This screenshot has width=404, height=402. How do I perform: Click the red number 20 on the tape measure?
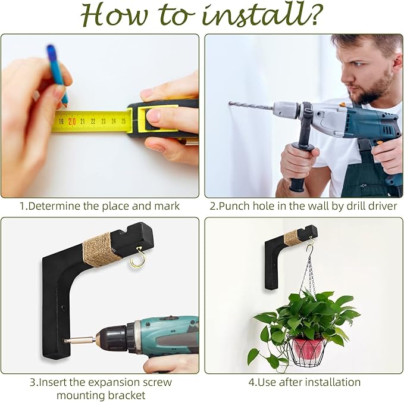(72, 121)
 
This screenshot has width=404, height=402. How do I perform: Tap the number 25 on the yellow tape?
(124, 121)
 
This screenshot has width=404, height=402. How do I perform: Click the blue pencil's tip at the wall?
(66, 105)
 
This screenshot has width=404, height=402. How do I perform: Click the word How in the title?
(114, 15)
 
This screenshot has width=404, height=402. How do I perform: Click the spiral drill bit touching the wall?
(250, 105)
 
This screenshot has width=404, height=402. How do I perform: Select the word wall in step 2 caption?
(311, 206)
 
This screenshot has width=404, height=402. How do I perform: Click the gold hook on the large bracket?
(139, 257)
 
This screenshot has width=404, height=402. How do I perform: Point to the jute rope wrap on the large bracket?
(101, 250)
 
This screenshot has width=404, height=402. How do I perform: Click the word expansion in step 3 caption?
(111, 382)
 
